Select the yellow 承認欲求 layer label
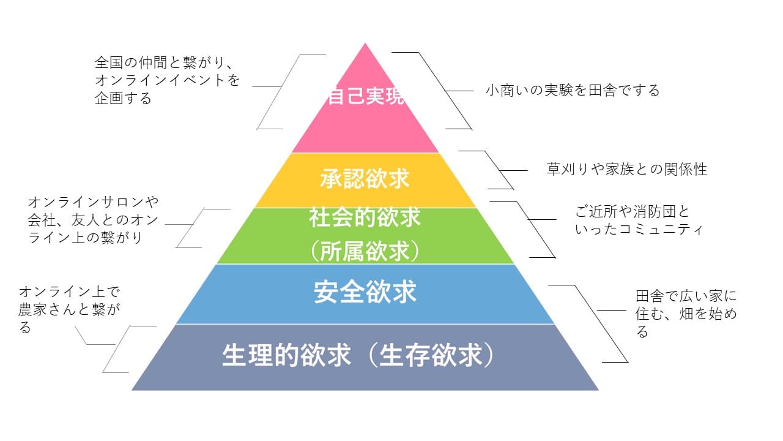click(x=365, y=179)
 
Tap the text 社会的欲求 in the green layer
click(x=365, y=217)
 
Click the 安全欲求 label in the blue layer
click(x=365, y=293)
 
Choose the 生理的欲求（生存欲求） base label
click(x=358, y=356)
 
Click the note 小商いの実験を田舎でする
click(x=573, y=91)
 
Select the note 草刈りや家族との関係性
click(x=626, y=169)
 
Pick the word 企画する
click(x=123, y=98)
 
